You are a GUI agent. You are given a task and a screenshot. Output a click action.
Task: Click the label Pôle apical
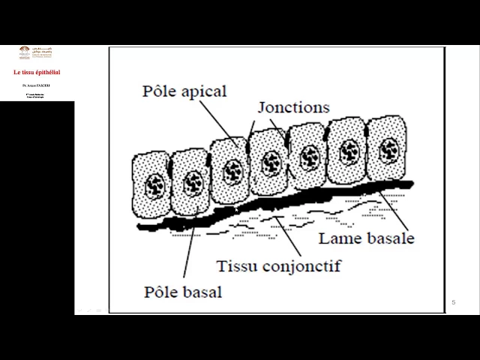[x=184, y=91]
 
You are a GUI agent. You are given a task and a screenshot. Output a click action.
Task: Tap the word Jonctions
[x=293, y=107]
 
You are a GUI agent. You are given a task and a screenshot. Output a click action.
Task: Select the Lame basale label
[x=366, y=238]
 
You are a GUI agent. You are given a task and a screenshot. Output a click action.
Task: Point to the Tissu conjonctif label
[x=278, y=265]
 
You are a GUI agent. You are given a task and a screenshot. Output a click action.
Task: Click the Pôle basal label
[x=183, y=292]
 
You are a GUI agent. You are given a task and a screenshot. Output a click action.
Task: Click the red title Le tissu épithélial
[x=37, y=72]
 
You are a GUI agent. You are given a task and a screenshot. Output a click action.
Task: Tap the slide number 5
[x=454, y=302]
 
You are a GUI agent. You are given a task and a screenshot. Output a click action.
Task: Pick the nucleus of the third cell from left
[x=231, y=169]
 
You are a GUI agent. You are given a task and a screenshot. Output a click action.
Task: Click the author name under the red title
[x=37, y=86]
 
